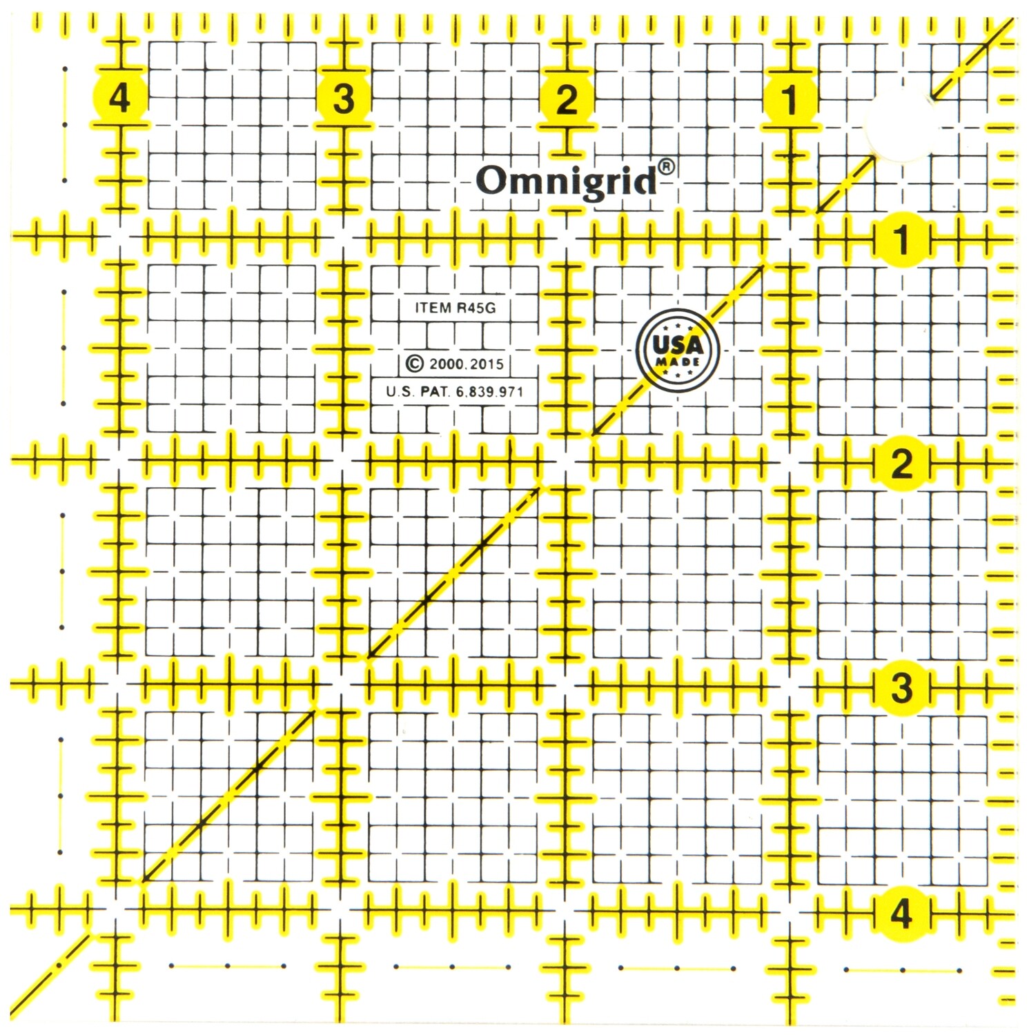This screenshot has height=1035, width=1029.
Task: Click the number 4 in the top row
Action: tap(119, 98)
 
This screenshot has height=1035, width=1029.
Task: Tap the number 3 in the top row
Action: tap(344, 98)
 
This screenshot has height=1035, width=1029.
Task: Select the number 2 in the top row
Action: tap(567, 99)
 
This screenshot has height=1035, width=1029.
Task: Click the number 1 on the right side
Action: tap(901, 239)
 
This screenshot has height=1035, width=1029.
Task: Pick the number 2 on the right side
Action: tap(901, 464)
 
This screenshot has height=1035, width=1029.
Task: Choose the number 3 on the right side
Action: tap(901, 687)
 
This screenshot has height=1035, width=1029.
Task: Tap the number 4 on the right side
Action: tap(901, 914)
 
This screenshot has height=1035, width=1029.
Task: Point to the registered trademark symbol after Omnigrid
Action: tap(666, 167)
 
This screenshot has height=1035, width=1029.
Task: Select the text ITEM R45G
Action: tap(455, 308)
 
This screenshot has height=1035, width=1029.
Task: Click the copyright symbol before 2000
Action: tap(414, 364)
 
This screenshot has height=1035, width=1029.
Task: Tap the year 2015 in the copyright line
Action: tap(487, 364)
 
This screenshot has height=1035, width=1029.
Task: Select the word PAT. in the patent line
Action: tap(435, 392)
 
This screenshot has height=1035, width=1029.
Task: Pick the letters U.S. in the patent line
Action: tap(400, 392)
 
